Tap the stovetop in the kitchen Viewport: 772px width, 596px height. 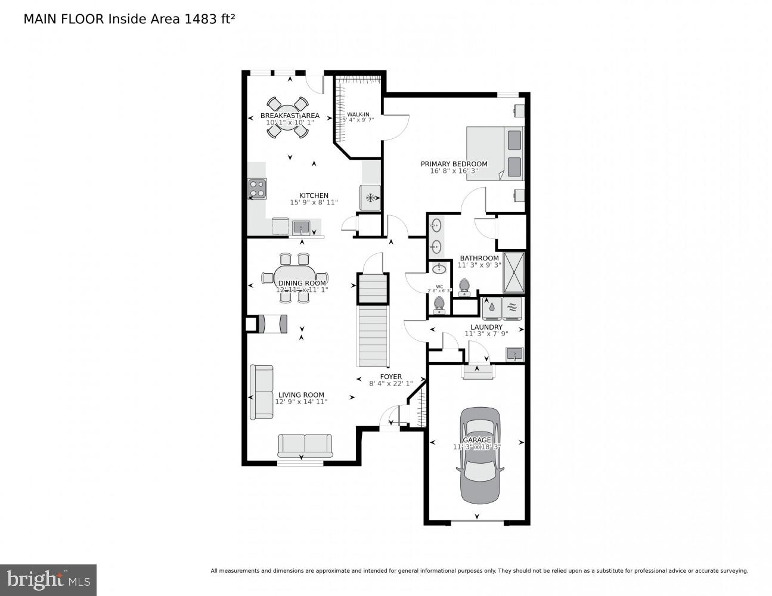pyautogui.click(x=257, y=189)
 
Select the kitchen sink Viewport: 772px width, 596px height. pyautogui.click(x=301, y=227)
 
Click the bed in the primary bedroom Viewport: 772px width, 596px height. pyautogui.click(x=495, y=153)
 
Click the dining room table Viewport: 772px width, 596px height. pyautogui.click(x=294, y=278)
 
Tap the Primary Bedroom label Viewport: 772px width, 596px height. pyautogui.click(x=454, y=164)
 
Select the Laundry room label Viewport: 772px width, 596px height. pyautogui.click(x=486, y=327)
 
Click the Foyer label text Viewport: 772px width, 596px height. pyautogui.click(x=391, y=377)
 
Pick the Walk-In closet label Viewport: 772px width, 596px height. pyautogui.click(x=358, y=114)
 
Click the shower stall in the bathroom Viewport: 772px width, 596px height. pyautogui.click(x=514, y=273)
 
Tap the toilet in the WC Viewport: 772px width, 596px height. pyautogui.click(x=439, y=304)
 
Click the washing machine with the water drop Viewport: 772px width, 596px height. pyautogui.click(x=492, y=308)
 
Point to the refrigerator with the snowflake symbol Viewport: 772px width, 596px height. pyautogui.click(x=370, y=198)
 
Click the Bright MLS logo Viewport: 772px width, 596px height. pyautogui.click(x=48, y=580)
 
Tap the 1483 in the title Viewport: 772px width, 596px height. pyautogui.click(x=200, y=19)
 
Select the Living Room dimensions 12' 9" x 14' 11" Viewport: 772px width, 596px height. pyautogui.click(x=301, y=402)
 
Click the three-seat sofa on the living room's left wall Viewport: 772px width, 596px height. pyautogui.click(x=262, y=392)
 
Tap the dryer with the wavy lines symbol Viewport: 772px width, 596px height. pyautogui.click(x=513, y=308)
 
